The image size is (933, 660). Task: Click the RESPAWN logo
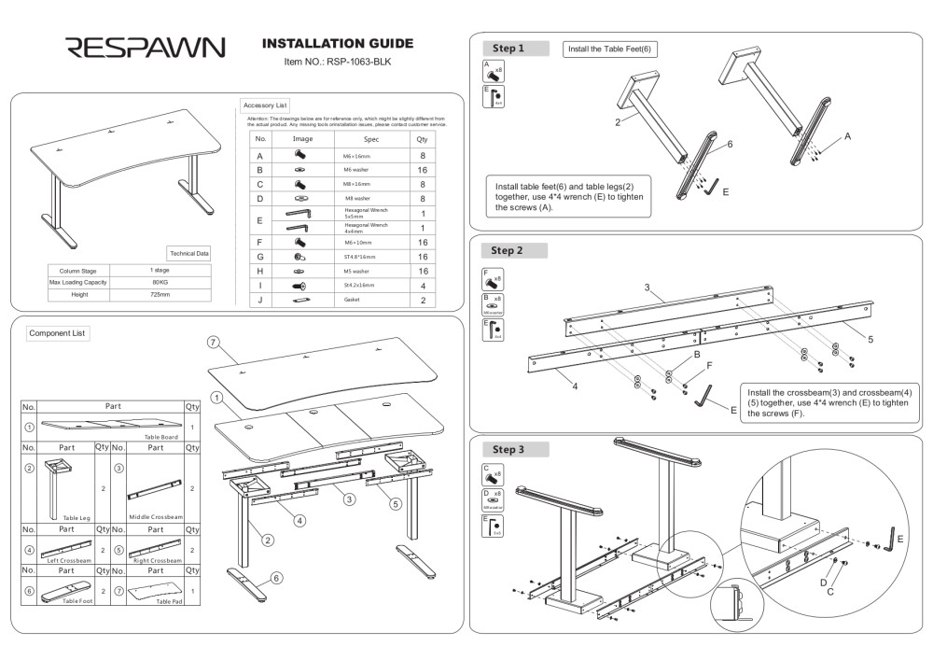[x=144, y=48]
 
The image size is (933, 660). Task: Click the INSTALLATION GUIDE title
[x=338, y=44]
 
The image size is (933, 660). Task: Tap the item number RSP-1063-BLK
[x=338, y=62]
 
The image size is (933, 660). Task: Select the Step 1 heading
[x=508, y=49]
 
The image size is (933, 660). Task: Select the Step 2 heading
[x=508, y=251]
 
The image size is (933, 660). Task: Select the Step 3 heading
[x=508, y=450]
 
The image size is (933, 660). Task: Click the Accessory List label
[x=265, y=105]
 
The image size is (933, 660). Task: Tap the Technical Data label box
[x=189, y=253]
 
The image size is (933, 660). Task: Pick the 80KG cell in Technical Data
[x=160, y=282]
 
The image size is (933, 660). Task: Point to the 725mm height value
[x=160, y=294]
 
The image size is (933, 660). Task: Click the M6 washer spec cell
[x=357, y=171]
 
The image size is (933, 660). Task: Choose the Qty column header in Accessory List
[x=422, y=138]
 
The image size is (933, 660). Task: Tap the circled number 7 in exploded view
[x=213, y=343]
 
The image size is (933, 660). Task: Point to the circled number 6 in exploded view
[x=276, y=579]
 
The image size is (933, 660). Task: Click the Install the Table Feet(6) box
[x=609, y=49]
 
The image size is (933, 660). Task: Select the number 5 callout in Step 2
[x=870, y=339]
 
